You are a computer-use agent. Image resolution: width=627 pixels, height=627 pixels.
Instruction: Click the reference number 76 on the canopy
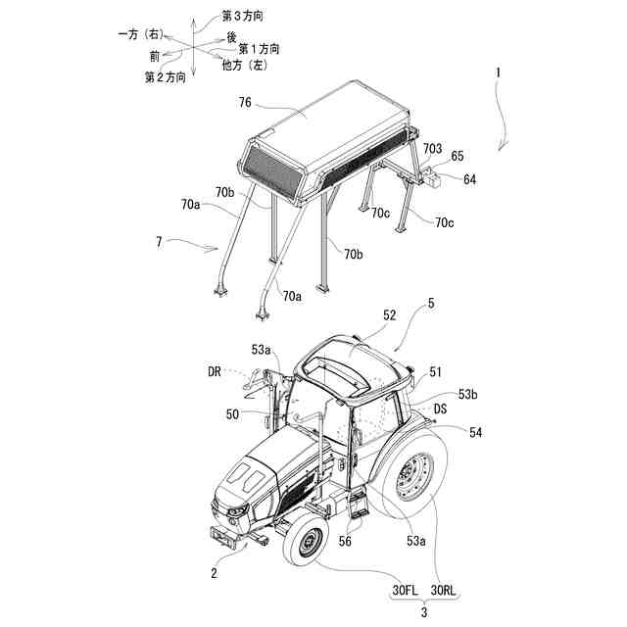tap(245, 102)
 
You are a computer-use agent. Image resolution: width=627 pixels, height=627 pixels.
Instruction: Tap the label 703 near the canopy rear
tap(432, 148)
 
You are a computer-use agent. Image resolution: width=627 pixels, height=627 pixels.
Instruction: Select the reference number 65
tap(457, 156)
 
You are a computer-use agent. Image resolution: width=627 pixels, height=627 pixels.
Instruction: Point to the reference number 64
tap(470, 179)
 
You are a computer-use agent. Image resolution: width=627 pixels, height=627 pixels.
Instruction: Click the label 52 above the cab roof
tap(389, 315)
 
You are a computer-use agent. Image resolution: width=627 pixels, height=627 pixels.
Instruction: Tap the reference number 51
tap(436, 371)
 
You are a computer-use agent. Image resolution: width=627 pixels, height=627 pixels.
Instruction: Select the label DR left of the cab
tap(215, 371)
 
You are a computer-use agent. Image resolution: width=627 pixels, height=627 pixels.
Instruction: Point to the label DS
tap(442, 409)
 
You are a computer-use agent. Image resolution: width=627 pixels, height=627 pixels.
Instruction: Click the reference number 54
tap(475, 432)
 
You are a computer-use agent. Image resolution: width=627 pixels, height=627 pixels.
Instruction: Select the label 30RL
tap(443, 591)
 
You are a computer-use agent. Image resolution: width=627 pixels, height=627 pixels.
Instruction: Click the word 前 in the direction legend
tap(155, 58)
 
